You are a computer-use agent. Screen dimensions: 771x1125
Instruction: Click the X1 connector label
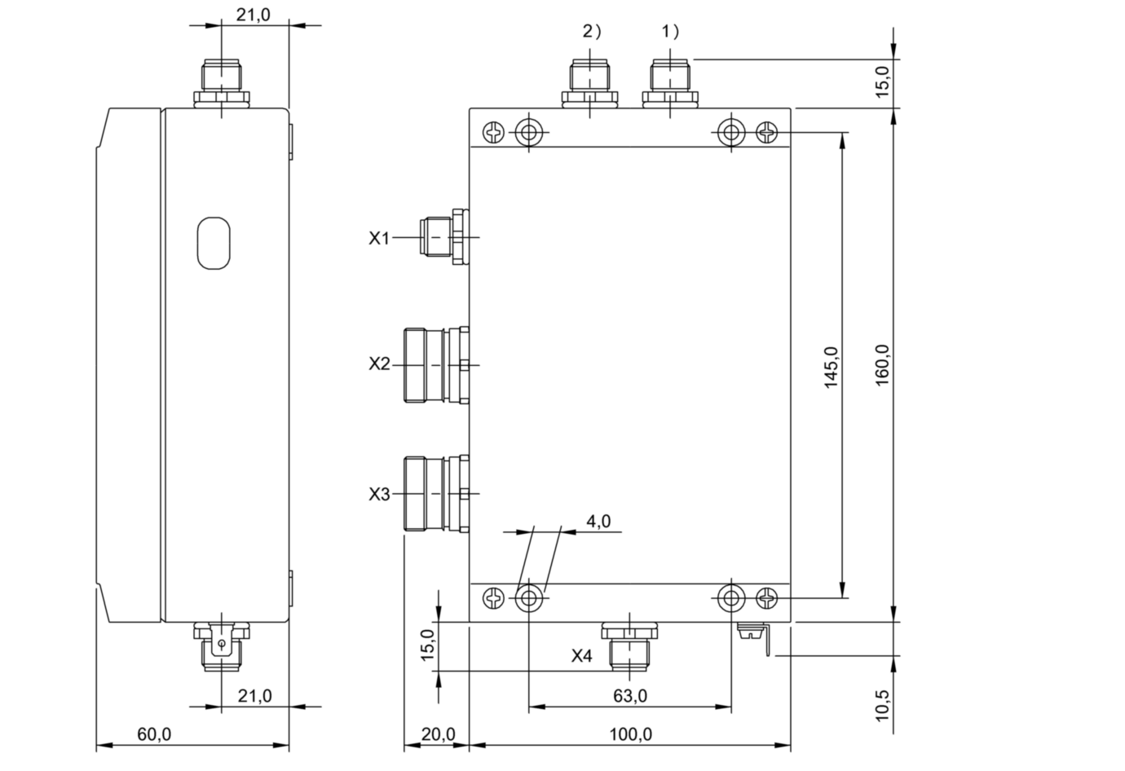379,238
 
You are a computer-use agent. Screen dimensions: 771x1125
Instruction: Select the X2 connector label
379,363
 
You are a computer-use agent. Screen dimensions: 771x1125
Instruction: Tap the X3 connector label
379,494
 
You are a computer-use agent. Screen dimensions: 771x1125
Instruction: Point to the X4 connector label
581,655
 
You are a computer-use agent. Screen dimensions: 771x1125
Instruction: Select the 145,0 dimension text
832,367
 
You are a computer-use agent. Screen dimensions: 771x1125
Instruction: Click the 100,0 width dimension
630,734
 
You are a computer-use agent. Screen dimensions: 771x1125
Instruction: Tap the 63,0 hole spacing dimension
630,695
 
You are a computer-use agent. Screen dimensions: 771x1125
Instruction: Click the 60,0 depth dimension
154,734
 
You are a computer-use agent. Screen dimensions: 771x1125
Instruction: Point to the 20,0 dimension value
438,734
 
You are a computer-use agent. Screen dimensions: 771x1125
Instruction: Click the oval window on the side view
214,243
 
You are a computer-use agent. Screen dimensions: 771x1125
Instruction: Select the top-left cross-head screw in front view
495,131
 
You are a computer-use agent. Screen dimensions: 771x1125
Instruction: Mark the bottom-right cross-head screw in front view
768,598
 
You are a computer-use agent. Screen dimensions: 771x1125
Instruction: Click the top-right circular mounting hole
731,131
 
